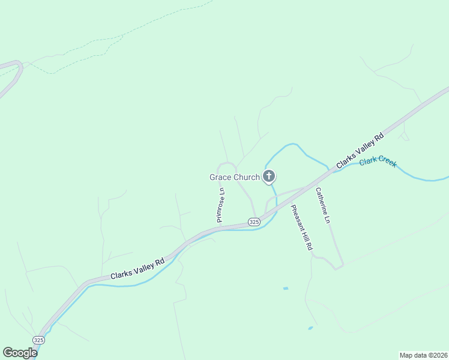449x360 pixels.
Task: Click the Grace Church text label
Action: pyautogui.click(x=234, y=177)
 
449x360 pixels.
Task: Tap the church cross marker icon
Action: pyautogui.click(x=269, y=176)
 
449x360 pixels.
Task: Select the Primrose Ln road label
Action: pyautogui.click(x=221, y=205)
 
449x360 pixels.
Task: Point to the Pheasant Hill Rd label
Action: pyautogui.click(x=302, y=227)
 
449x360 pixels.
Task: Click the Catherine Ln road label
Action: pyautogui.click(x=324, y=206)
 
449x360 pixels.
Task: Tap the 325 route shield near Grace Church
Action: pyautogui.click(x=254, y=222)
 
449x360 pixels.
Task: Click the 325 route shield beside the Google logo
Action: pyautogui.click(x=38, y=340)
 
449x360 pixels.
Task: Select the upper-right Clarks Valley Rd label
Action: pyautogui.click(x=360, y=151)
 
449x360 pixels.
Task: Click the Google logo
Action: pyautogui.click(x=20, y=353)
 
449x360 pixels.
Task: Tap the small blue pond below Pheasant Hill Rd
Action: pyautogui.click(x=286, y=289)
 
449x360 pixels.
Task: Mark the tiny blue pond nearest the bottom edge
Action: pyautogui.click(x=310, y=328)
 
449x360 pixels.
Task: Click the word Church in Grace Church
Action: pyautogui.click(x=247, y=177)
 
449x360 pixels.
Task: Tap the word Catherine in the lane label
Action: pyautogui.click(x=322, y=201)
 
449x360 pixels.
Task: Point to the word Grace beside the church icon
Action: pyautogui.click(x=220, y=177)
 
